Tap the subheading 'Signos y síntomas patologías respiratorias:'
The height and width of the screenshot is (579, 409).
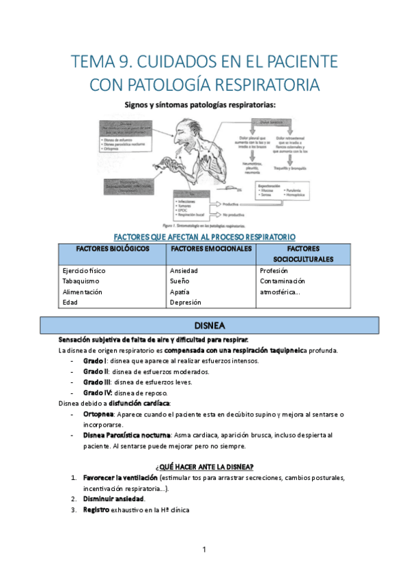click(x=205, y=105)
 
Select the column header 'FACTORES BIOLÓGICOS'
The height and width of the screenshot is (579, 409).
click(x=113, y=249)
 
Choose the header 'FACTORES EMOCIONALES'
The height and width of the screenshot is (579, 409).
click(x=211, y=249)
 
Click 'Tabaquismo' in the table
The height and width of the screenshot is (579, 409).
click(x=81, y=281)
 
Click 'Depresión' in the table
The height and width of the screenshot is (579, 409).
click(x=186, y=301)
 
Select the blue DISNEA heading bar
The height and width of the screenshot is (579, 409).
click(x=205, y=325)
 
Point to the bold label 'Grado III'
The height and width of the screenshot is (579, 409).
click(x=97, y=382)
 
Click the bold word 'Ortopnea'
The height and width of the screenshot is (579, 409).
click(x=98, y=414)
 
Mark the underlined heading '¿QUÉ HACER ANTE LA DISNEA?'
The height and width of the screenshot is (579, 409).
click(x=205, y=466)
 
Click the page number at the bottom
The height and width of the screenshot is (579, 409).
click(x=204, y=550)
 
